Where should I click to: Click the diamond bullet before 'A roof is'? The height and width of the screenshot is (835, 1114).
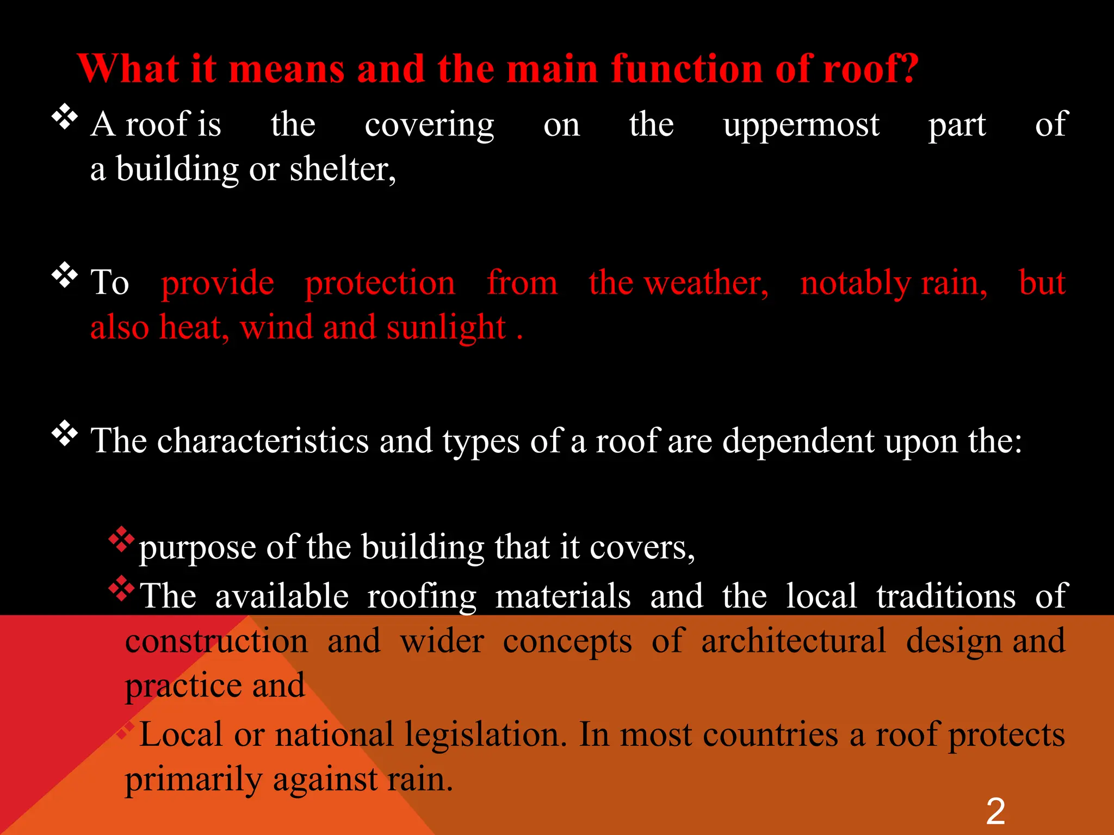pyautogui.click(x=65, y=117)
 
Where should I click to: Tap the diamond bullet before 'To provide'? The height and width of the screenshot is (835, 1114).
pyautogui.click(x=65, y=275)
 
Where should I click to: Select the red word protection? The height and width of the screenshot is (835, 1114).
pyautogui.click(x=380, y=284)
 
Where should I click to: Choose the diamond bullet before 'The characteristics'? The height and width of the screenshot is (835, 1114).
pyautogui.click(x=65, y=433)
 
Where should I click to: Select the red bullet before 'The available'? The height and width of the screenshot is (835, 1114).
pyautogui.click(x=121, y=589)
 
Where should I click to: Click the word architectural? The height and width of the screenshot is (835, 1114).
pyautogui.click(x=793, y=641)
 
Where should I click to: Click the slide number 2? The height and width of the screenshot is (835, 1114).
pyautogui.click(x=995, y=811)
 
